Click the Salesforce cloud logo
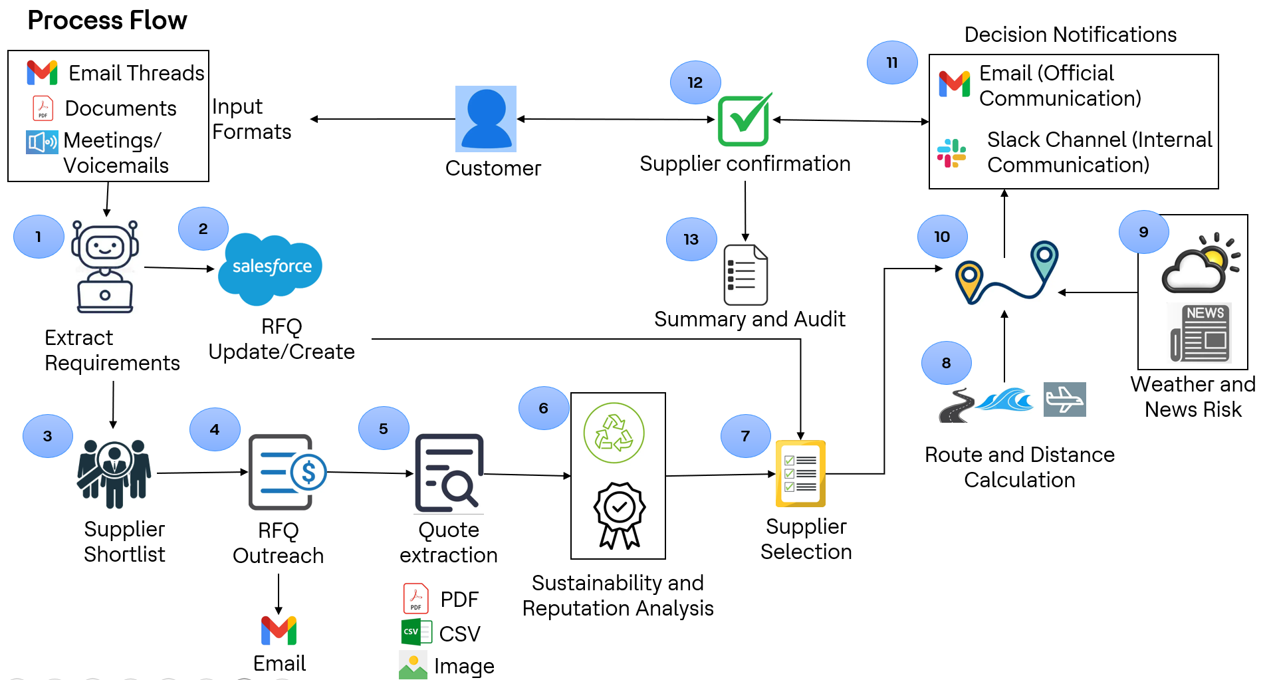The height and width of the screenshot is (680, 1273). (x=271, y=268)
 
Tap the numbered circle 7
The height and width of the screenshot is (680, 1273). (x=745, y=436)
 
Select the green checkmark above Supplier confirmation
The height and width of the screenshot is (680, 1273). (x=745, y=120)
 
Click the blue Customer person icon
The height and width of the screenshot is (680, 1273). (x=486, y=119)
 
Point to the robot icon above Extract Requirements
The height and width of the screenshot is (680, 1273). (x=105, y=267)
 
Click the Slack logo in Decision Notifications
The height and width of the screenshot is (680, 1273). (x=951, y=153)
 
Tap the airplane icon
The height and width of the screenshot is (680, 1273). (x=1064, y=399)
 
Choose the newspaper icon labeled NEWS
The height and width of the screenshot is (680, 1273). (x=1200, y=332)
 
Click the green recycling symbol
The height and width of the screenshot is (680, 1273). (x=614, y=433)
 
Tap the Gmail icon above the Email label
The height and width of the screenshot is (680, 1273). (x=279, y=630)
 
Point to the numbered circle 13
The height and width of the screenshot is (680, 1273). (x=691, y=239)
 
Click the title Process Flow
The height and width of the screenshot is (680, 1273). (x=107, y=21)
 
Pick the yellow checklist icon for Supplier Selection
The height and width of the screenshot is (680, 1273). (x=800, y=473)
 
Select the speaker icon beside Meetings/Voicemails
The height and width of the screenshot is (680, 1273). (x=42, y=142)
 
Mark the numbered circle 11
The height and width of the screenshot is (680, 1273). (x=892, y=62)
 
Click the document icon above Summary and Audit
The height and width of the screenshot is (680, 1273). (x=745, y=275)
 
